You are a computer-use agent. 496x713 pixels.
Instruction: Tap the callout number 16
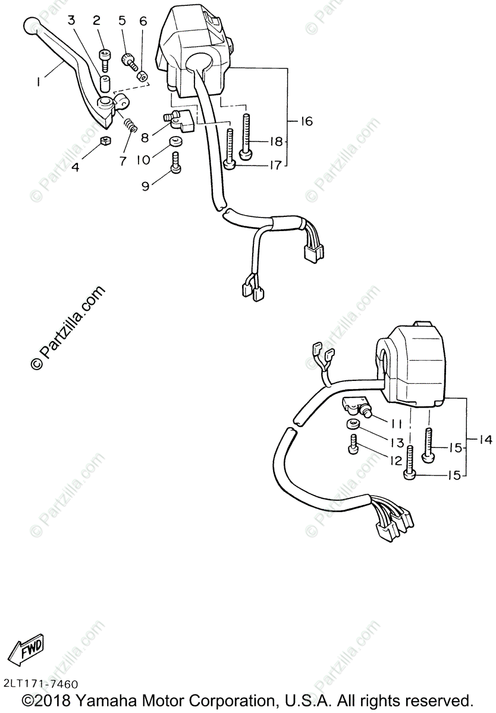[306, 122]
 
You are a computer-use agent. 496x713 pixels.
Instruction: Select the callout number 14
[485, 440]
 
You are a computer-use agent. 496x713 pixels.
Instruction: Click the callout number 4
[76, 168]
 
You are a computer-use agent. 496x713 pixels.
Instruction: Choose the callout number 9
[146, 186]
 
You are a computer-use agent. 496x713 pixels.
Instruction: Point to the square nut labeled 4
[105, 141]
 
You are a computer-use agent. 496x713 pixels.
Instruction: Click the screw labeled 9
[176, 162]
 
